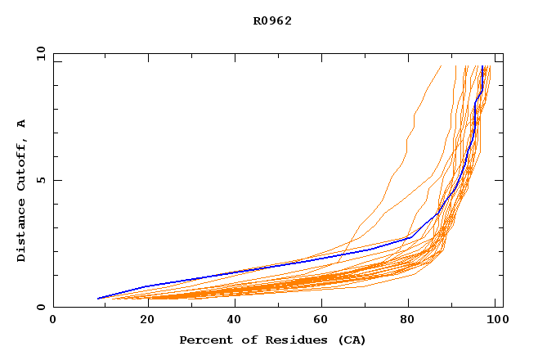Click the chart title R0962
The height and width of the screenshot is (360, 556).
pos(272,21)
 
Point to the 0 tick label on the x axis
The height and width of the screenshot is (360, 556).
pos(53,322)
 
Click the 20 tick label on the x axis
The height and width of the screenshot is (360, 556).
pos(141,322)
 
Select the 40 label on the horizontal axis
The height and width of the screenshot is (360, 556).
pos(231,322)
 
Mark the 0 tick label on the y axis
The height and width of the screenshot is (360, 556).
pos(40,308)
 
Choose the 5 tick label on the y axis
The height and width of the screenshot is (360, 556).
pos(40,180)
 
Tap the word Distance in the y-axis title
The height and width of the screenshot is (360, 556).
pos(22,232)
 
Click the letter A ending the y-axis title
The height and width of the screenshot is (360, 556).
pos(22,124)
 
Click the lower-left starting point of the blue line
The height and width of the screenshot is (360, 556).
pos(98,299)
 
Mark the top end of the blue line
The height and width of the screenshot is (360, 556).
pos(483,66)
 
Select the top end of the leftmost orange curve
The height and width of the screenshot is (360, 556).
pos(441,66)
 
